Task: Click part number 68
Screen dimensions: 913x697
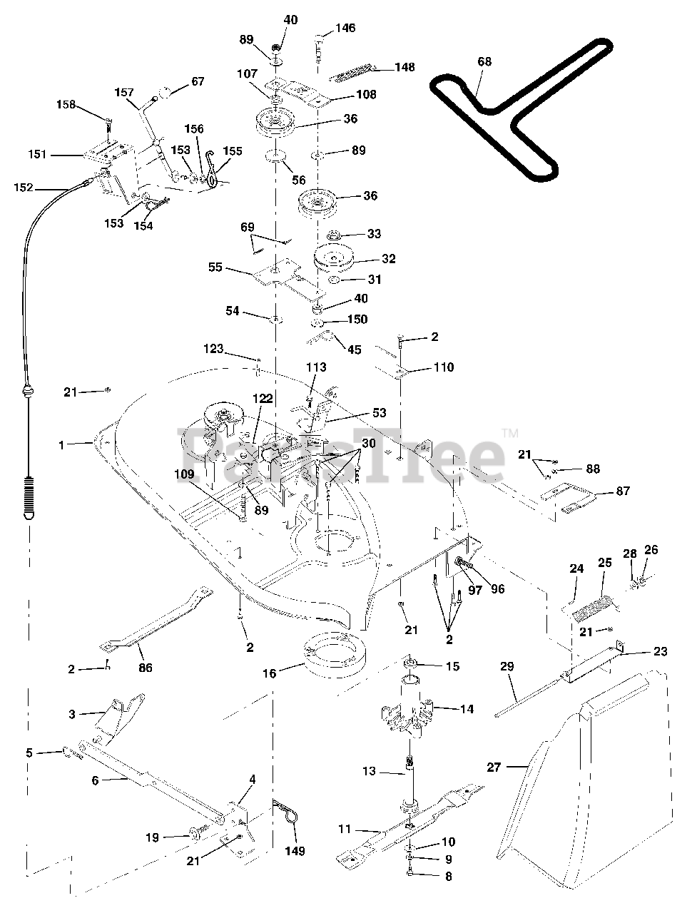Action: pos(484,62)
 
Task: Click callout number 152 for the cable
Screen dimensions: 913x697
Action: pos(24,188)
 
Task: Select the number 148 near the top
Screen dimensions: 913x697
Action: pos(405,68)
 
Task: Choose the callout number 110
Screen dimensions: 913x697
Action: pos(442,367)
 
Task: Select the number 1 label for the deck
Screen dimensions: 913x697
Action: pos(62,445)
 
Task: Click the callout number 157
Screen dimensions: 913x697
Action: pos(124,93)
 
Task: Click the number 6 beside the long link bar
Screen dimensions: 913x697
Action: pos(95,780)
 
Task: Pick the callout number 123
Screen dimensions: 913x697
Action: pos(214,350)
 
